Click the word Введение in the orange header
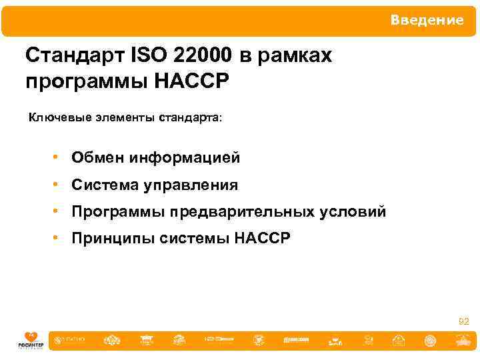[427, 21]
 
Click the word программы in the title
[85, 82]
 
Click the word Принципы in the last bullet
[113, 239]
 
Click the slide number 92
[463, 322]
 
